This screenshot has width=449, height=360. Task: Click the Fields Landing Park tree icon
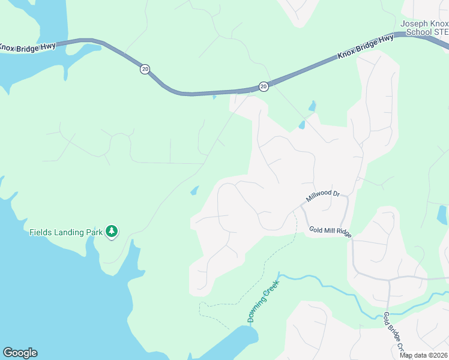click(111, 231)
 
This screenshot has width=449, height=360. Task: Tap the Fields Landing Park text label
click(65, 232)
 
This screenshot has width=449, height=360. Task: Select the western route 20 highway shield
click(145, 70)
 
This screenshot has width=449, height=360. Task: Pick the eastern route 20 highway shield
click(264, 87)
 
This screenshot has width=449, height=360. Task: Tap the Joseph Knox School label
click(424, 28)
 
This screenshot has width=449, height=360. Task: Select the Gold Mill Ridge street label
click(330, 230)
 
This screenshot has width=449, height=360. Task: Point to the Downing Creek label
click(261, 306)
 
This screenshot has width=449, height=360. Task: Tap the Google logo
click(20, 353)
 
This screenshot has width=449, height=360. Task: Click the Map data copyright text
click(424, 355)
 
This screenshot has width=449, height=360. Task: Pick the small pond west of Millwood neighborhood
click(194, 191)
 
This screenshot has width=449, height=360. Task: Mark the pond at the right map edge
click(442, 214)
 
